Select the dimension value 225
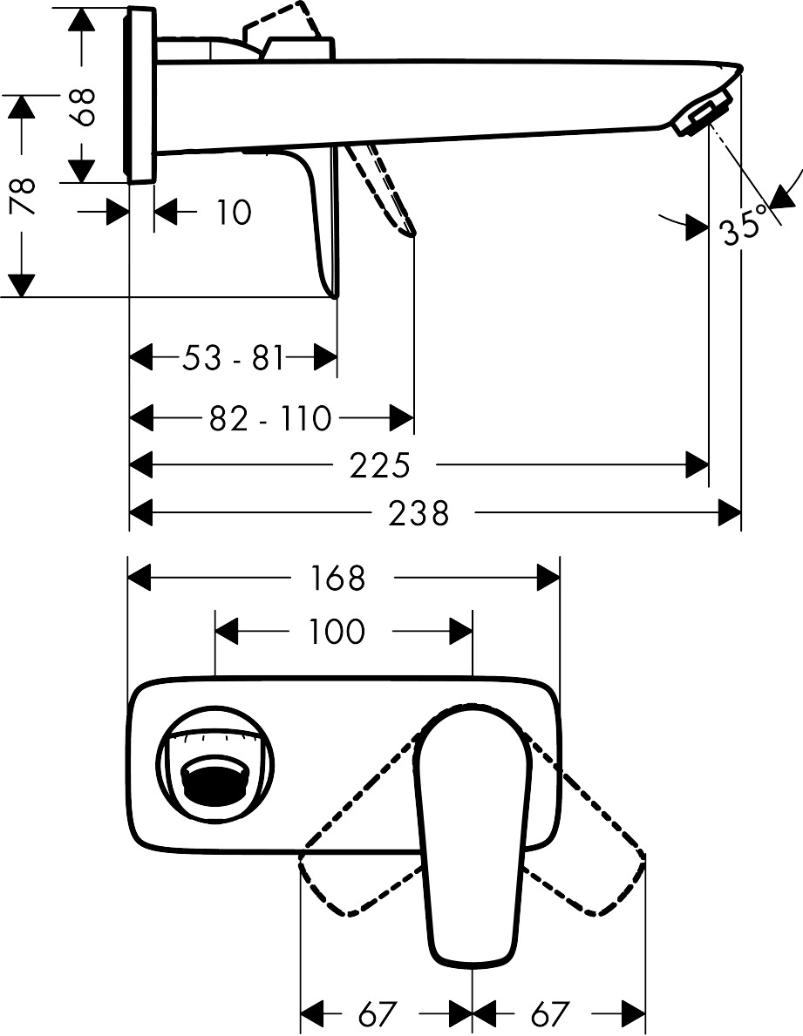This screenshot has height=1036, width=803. coord(379,465)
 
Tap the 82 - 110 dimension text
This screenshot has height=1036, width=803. coord(271,419)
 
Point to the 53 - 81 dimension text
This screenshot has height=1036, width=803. coord(234,357)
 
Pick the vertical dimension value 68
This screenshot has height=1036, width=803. coord(85,105)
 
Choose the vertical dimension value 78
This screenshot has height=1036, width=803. coord(23,196)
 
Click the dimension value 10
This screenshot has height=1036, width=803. coord(234,212)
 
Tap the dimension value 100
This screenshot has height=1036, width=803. coord(337,632)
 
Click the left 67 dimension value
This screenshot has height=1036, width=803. coord(378,1013)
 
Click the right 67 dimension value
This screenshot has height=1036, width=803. coord(549,1013)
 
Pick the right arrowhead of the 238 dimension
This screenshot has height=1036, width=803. coord(729,512)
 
